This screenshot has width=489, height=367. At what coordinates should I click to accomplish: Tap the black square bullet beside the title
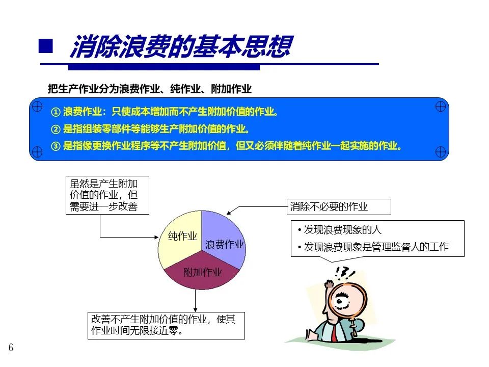46,46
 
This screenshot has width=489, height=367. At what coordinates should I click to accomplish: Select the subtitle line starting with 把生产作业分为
150,89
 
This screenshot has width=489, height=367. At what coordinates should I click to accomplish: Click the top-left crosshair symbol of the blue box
37,107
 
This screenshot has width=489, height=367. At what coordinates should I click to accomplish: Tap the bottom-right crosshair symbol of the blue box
441,151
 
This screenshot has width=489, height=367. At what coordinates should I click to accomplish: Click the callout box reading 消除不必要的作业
338,207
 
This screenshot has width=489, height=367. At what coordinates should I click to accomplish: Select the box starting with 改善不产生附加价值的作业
166,325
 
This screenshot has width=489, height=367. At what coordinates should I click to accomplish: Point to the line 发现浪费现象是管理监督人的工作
375,247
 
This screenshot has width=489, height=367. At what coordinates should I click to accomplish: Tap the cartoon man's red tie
334,333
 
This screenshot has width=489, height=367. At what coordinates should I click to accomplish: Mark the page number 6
11,348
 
